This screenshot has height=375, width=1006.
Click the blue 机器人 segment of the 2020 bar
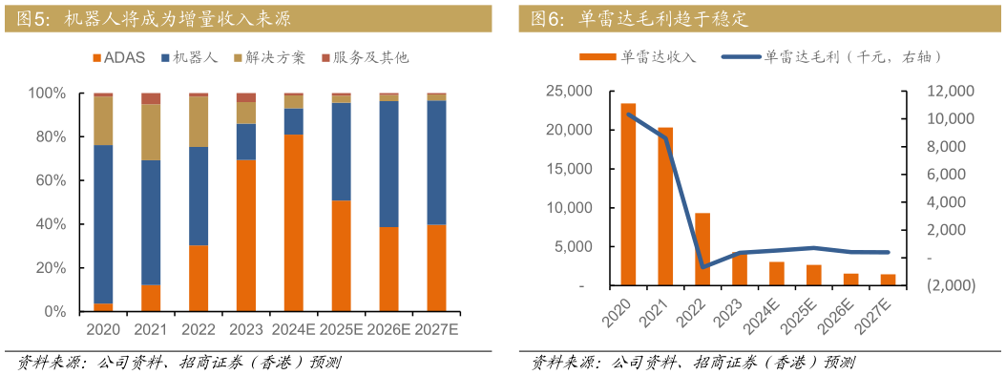pos(104,224)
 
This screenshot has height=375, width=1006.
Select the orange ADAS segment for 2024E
pos(293,222)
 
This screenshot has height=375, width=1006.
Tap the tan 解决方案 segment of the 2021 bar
pos(151,132)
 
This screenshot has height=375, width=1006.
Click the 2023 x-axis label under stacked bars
pos(245,330)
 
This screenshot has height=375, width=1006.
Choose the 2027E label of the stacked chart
pos(436,330)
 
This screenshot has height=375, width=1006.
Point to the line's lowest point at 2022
pos(703,267)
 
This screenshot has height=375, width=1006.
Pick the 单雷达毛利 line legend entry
pos(830,57)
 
